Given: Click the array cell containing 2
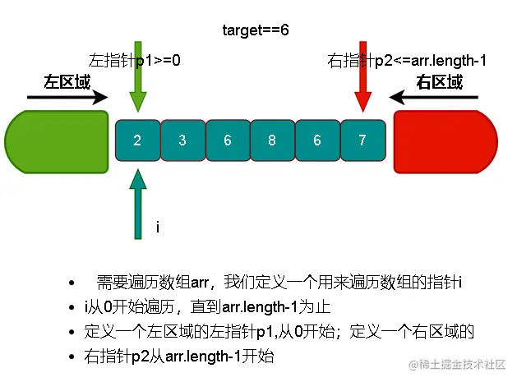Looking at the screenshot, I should point(137,140).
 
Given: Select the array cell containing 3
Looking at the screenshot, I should point(182,140).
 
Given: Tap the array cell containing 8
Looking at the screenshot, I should point(272,140).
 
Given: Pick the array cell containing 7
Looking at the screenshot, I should point(362,140).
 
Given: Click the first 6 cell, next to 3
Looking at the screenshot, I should point(227,140).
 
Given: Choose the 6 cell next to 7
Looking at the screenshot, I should point(317,140).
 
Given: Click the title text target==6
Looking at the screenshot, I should point(255,30).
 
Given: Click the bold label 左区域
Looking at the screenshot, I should point(67,81).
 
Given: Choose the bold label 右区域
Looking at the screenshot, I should point(439,81).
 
